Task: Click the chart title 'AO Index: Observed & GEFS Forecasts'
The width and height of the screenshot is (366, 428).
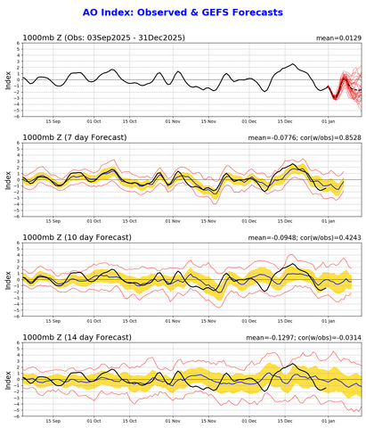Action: click(x=183, y=12)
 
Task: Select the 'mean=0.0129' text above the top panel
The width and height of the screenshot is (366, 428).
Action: click(x=339, y=39)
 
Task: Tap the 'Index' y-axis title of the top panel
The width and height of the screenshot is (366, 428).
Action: click(x=7, y=81)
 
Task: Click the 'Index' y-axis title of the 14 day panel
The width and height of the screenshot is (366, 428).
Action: click(x=7, y=378)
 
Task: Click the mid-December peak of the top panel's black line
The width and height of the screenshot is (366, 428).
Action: click(x=293, y=64)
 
